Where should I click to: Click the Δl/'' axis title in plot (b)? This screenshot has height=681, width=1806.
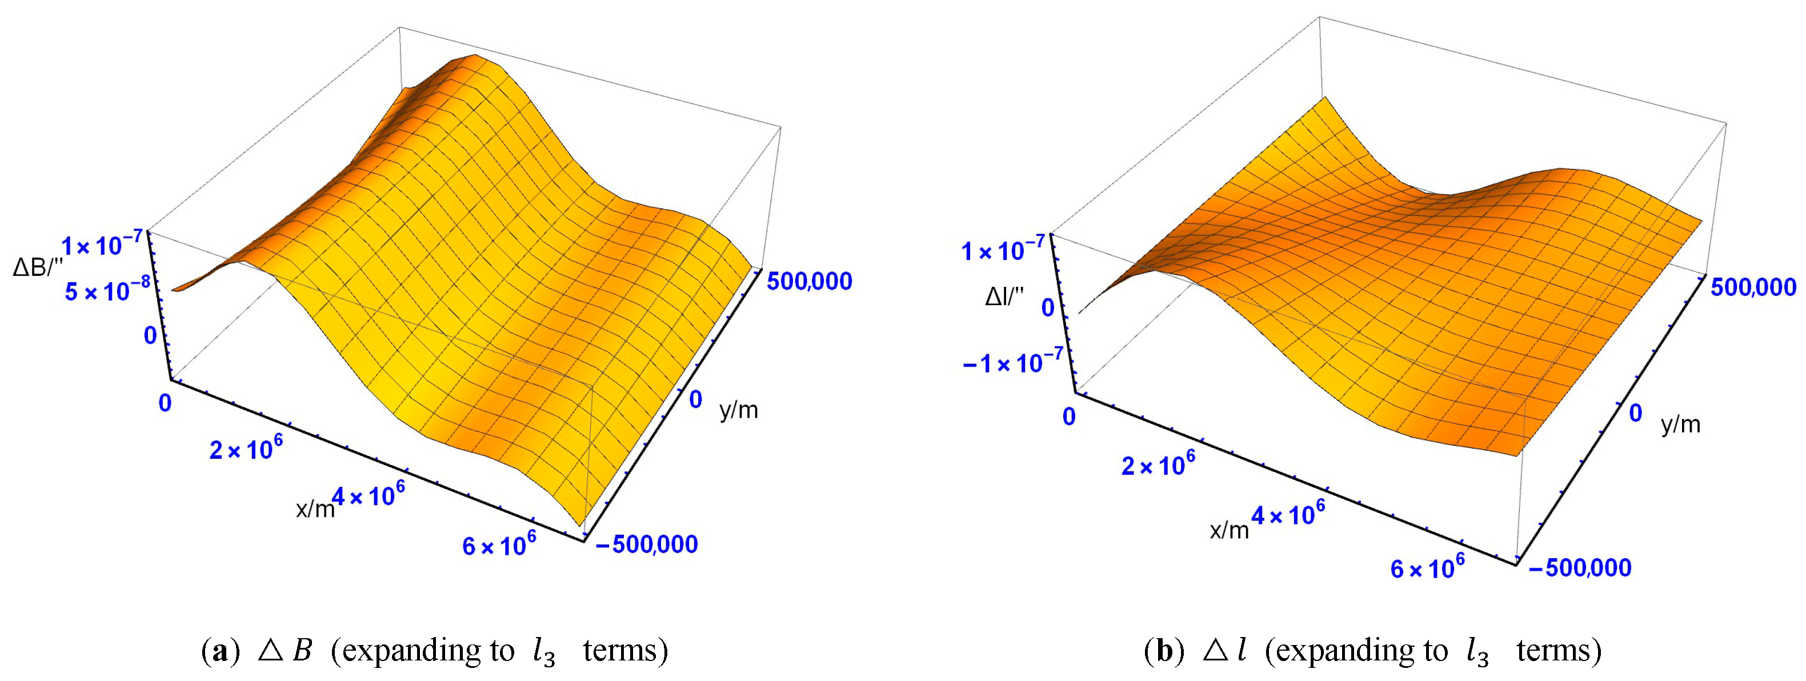pyautogui.click(x=1004, y=298)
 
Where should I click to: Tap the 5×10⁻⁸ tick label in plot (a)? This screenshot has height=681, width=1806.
pyautogui.click(x=107, y=290)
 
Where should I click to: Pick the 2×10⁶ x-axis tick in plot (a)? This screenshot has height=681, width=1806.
pyautogui.click(x=241, y=449)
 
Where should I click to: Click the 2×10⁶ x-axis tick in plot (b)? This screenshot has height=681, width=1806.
pyautogui.click(x=1158, y=465)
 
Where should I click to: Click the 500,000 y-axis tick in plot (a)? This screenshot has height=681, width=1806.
pyautogui.click(x=809, y=281)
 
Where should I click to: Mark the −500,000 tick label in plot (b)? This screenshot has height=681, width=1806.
pyautogui.click(x=1579, y=567)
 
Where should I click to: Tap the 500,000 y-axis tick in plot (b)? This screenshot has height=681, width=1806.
pyautogui.click(x=1753, y=287)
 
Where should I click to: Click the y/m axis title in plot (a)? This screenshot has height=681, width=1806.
pyautogui.click(x=738, y=410)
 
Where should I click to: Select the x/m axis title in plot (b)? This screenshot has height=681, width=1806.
pyautogui.click(x=1229, y=531)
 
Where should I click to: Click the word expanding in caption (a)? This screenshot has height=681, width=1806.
pyautogui.click(x=407, y=651)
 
